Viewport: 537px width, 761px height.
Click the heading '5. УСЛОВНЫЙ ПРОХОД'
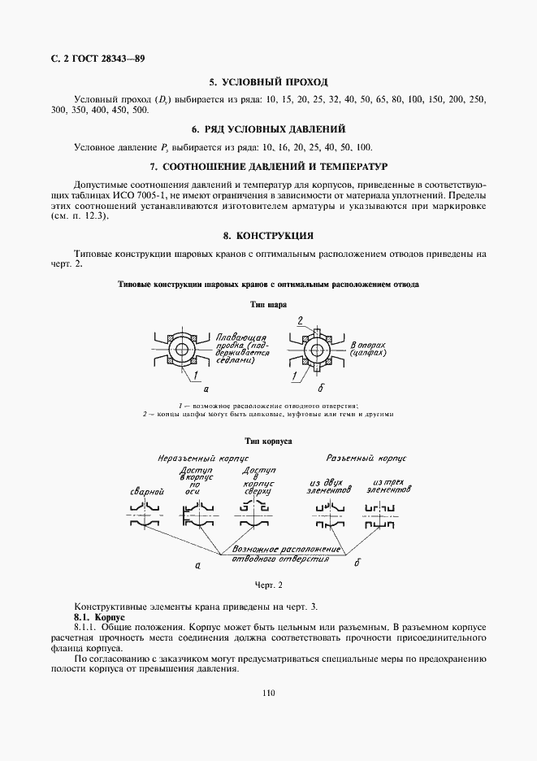(268, 82)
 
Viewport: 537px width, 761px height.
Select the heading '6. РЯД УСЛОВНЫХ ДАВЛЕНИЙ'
(268, 129)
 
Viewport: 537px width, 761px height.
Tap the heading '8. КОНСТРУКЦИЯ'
(268, 236)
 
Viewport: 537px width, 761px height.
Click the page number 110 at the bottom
(269, 693)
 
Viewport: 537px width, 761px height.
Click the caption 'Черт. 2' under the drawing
(268, 584)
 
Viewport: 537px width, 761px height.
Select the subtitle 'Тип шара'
(268, 303)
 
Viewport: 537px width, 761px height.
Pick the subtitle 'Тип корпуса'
(268, 441)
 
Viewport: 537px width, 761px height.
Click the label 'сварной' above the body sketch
(148, 492)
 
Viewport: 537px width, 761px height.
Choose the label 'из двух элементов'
(329, 486)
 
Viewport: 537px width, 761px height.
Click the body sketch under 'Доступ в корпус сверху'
(253, 516)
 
